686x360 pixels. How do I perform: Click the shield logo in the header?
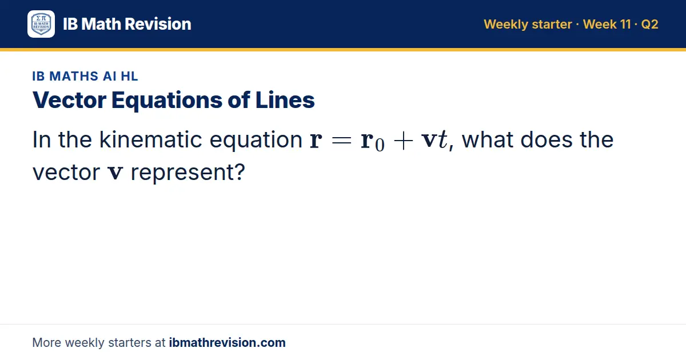tap(41, 24)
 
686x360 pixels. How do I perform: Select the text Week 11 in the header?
tap(607, 24)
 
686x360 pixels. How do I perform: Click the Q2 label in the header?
tap(649, 24)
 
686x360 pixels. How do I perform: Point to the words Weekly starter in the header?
tap(528, 25)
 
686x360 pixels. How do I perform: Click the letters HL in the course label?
tap(129, 76)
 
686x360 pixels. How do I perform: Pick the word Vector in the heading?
tap(70, 100)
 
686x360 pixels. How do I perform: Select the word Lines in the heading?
tap(285, 100)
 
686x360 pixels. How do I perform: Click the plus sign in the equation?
tap(404, 141)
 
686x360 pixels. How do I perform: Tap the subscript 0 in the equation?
tap(380, 145)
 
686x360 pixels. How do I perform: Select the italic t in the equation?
tap(442, 140)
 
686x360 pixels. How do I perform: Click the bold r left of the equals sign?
tap(316, 141)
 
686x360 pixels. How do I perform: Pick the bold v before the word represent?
tap(115, 173)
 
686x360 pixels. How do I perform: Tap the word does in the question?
tap(547, 139)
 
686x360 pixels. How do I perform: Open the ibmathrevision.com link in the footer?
tap(228, 342)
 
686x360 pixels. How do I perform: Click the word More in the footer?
tap(46, 342)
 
